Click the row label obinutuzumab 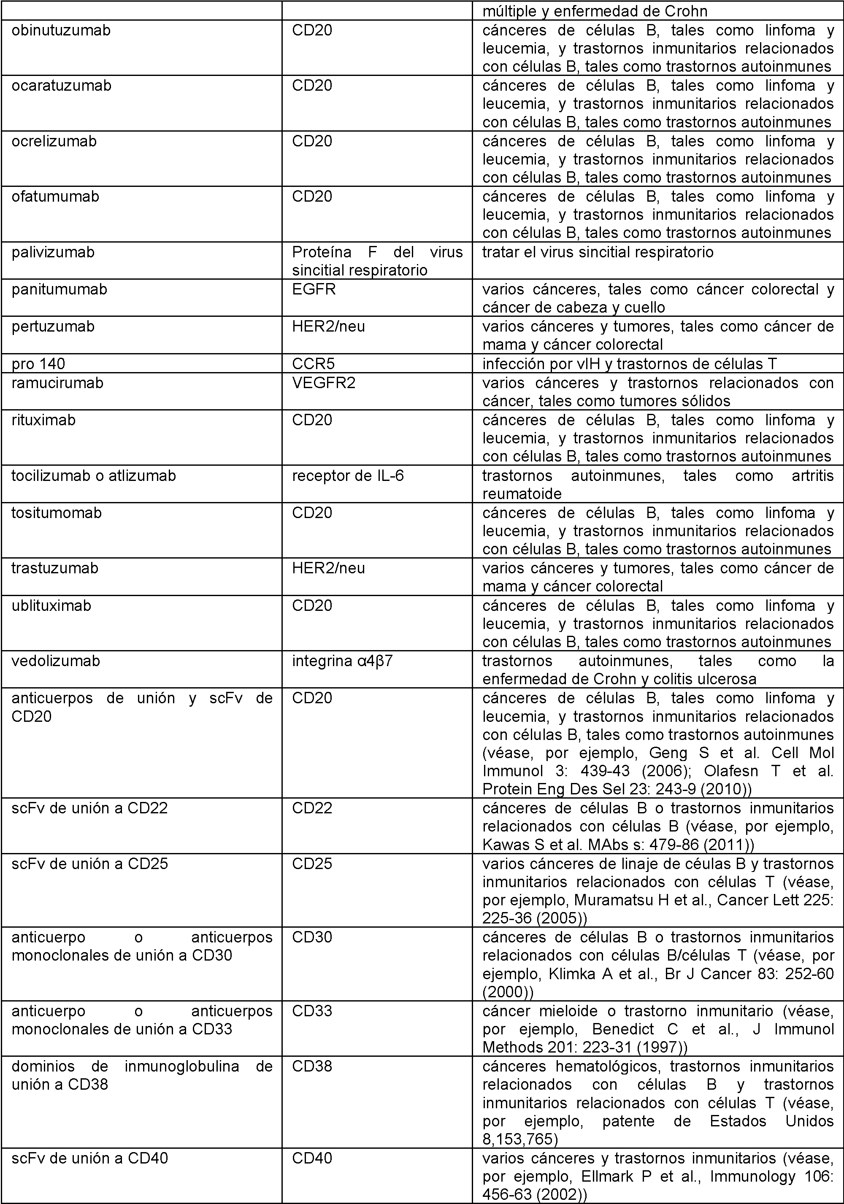tap(61, 30)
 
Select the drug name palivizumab tap(53, 252)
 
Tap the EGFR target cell tap(314, 289)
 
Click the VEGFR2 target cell tap(324, 383)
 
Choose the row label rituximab tap(43, 420)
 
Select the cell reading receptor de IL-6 tap(348, 475)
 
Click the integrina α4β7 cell tap(342, 661)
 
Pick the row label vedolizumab tap(56, 661)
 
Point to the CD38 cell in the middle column tap(312, 1066)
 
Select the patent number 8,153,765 tap(520, 1139)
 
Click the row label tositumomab tap(57, 512)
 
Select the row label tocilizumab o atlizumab tap(94, 475)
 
